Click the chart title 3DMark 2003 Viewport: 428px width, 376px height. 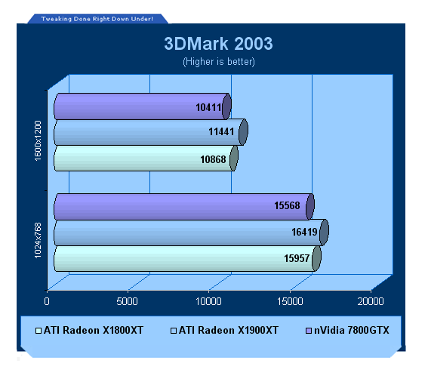click(218, 44)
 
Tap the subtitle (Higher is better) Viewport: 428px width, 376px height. click(219, 62)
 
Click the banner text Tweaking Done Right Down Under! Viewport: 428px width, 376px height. click(97, 19)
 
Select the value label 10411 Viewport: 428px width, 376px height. click(208, 107)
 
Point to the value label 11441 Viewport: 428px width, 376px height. click(221, 131)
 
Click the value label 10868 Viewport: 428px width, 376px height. click(213, 159)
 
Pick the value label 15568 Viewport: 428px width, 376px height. click(287, 205)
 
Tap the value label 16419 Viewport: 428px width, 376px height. click(304, 232)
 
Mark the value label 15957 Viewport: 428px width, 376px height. click(297, 258)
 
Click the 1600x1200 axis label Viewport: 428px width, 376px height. click(38, 140)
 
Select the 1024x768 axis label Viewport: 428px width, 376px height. click(38, 240)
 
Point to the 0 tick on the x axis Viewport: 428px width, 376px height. click(47, 301)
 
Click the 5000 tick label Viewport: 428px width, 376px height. click(128, 301)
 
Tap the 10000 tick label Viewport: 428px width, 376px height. click(208, 301)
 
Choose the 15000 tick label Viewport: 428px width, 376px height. click(290, 301)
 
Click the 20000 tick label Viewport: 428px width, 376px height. click(371, 301)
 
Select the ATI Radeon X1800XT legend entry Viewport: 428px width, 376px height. click(89, 331)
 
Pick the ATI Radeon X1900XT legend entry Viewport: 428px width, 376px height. click(224, 331)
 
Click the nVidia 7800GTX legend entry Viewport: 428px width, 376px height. click(347, 331)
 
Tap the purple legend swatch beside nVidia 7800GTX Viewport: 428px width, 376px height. click(309, 331)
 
